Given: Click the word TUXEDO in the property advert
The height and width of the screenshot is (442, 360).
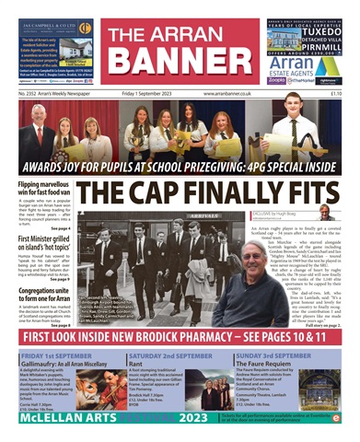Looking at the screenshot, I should (321, 36).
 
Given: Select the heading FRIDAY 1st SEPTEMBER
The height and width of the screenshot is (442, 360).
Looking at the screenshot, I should (59, 354).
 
